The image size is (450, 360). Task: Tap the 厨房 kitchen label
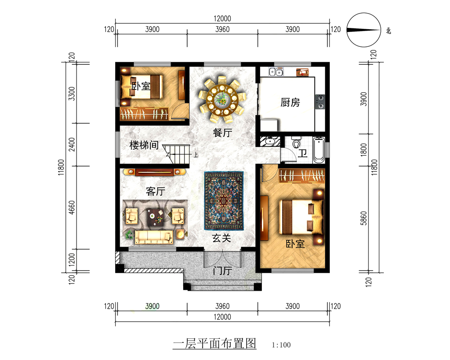(x=290, y=103)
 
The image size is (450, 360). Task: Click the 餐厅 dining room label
(x=222, y=133)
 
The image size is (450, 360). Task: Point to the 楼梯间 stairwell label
(x=144, y=145)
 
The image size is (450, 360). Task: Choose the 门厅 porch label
(x=222, y=271)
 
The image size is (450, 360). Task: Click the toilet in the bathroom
(x=296, y=143)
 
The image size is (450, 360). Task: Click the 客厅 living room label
(x=155, y=192)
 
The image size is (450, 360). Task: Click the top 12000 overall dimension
(x=222, y=19)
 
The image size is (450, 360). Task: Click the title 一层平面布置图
(x=215, y=344)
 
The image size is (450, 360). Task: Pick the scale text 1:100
(x=282, y=346)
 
